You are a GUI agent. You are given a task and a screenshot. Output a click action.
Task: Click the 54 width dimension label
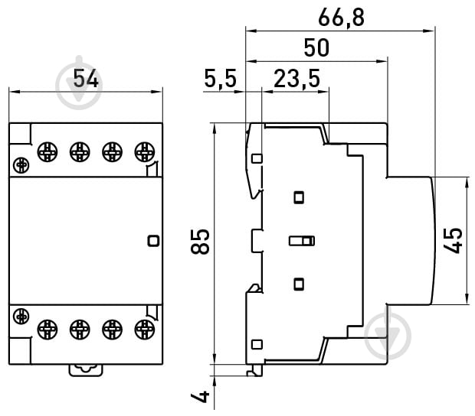coord(86,79)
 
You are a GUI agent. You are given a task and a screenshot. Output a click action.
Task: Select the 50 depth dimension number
coord(316,47)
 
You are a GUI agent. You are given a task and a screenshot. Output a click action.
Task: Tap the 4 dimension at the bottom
coord(201,396)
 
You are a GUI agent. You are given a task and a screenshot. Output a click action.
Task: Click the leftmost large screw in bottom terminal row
coord(47,329)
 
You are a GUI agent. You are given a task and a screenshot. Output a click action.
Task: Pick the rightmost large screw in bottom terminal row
coord(143,329)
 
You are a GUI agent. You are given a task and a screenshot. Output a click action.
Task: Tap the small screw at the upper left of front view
coord(21,163)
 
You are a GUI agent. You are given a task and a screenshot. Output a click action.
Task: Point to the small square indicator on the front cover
coord(152,241)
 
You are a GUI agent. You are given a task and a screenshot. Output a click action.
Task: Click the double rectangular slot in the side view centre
coord(302,242)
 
